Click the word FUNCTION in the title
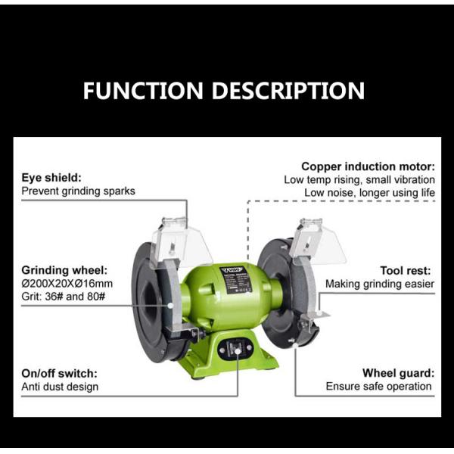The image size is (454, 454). pos(144,92)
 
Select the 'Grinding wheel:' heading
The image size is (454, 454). pos(64,270)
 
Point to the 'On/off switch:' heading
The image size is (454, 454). pos(60,373)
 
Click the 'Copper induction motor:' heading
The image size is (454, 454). pos(368,166)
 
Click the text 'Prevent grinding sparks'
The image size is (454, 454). pos(78,191)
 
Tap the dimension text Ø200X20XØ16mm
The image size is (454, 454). pos(67,284)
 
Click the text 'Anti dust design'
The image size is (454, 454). pos(60,387)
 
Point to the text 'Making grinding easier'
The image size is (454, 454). pos(380,284)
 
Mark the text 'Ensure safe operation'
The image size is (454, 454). pos(379,387)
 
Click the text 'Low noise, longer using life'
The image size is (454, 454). pos(370,193)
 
